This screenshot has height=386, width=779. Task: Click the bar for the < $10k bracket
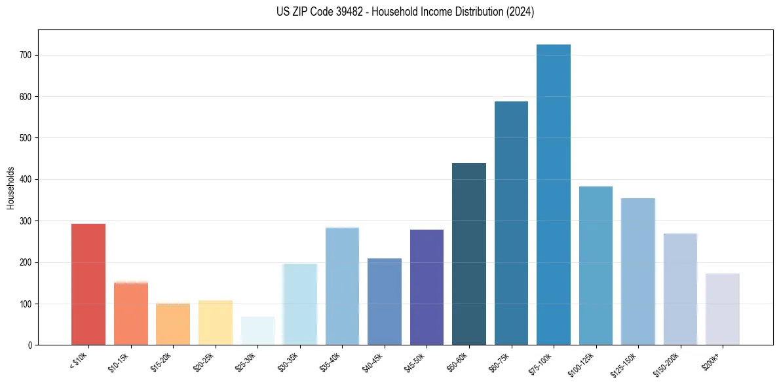(88, 284)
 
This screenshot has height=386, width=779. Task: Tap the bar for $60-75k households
(511, 223)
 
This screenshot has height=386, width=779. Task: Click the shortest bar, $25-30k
(257, 330)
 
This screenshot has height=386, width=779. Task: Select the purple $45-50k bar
(427, 287)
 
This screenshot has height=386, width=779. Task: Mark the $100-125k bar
(596, 266)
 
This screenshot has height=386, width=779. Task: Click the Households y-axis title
(10, 187)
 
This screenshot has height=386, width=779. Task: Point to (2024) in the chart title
(521, 12)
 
